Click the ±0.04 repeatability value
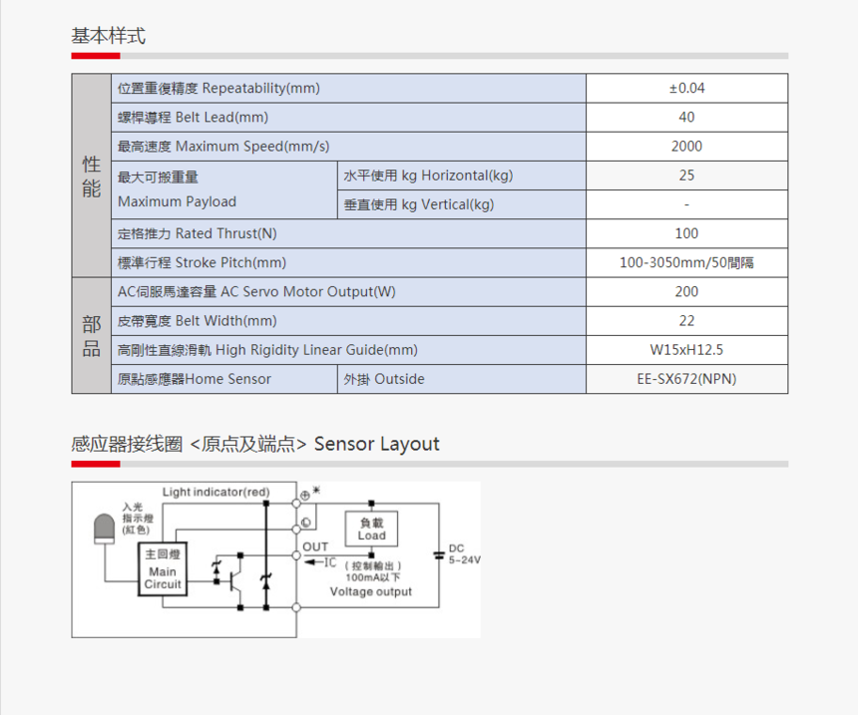(686, 88)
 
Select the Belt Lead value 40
(686, 117)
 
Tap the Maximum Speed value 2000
(686, 146)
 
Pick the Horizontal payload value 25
(686, 176)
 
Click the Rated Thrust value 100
(686, 233)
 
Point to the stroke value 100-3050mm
(686, 263)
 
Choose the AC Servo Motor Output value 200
(686, 291)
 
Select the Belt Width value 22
(686, 321)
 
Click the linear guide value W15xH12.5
(686, 350)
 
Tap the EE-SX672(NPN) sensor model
(686, 379)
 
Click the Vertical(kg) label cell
(419, 204)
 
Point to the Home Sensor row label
(195, 379)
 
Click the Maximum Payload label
(177, 201)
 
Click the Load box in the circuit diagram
(371, 530)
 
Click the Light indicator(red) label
(215, 492)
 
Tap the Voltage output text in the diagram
(371, 591)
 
